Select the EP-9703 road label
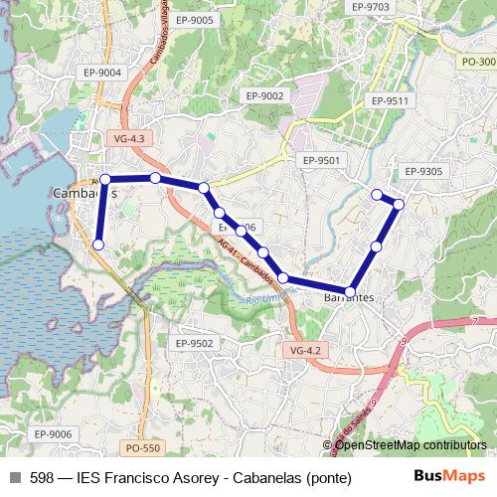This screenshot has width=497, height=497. pos(370,7)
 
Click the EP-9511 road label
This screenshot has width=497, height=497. pos(389,101)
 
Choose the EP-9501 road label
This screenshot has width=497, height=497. pos(321,160)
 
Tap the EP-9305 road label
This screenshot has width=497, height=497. pos(423,171)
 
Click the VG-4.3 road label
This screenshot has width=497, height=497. pos(129,138)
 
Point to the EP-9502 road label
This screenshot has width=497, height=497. pos(194,343)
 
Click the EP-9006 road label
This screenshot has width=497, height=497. pos(54,433)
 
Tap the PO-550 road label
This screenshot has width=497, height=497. pos(143,448)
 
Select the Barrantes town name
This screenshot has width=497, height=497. pos(350,298)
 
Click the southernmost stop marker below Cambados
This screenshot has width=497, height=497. pos(98,245)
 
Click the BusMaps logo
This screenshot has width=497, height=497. pos(448,476)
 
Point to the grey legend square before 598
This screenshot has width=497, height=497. pos(15,477)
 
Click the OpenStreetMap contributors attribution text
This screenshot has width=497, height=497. pos(411,444)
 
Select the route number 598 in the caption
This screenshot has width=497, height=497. pos(43,477)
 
